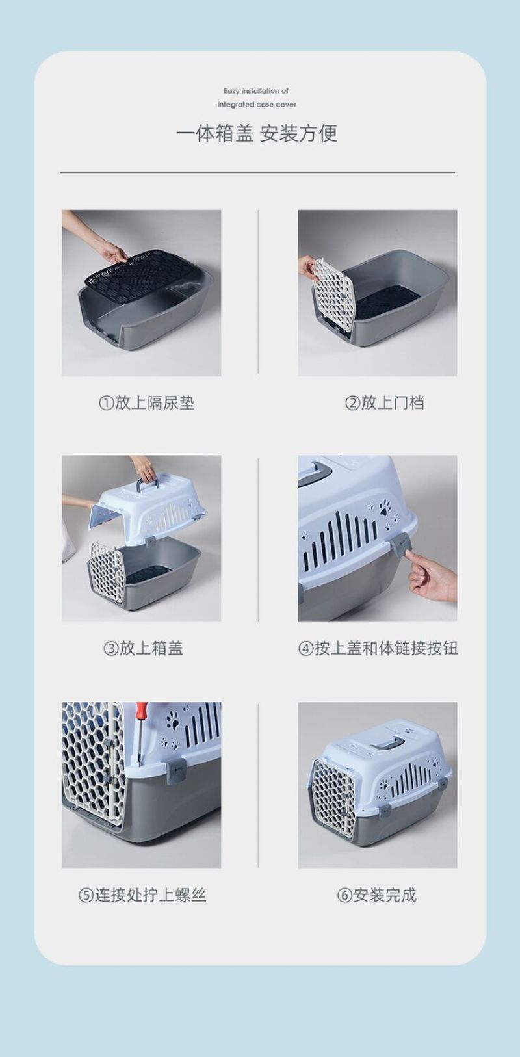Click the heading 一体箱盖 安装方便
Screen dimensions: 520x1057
point(257,133)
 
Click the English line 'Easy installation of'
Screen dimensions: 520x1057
point(256,90)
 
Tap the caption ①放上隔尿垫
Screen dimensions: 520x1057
point(147,403)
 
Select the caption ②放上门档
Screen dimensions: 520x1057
point(385,403)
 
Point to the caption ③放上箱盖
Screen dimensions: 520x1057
point(143,648)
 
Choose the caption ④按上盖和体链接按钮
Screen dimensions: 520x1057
point(378,648)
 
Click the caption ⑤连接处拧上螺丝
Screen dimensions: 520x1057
point(142,894)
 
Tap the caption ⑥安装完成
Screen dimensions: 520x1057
point(376,894)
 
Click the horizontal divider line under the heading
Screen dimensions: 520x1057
point(257,173)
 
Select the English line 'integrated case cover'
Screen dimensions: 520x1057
point(257,104)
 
